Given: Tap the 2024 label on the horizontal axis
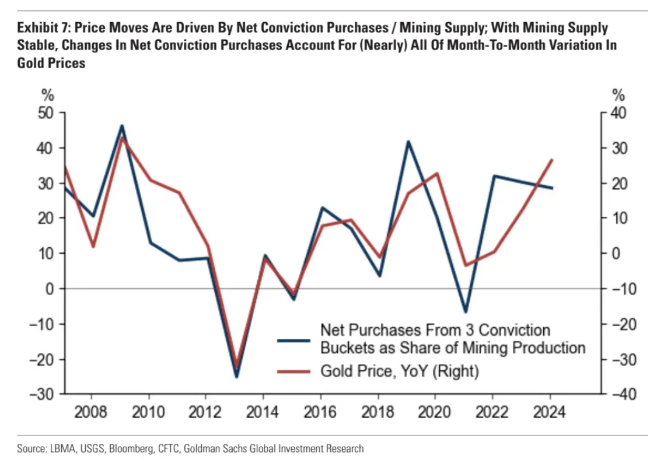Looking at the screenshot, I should [x=550, y=412].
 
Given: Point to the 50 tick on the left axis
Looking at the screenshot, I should [x=46, y=113].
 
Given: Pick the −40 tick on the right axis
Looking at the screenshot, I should [x=618, y=395].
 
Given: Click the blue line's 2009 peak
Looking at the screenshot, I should [x=121, y=125].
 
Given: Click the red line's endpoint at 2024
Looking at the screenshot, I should [x=552, y=160].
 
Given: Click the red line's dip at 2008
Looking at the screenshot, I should [x=93, y=247].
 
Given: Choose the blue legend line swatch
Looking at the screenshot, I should [x=294, y=339].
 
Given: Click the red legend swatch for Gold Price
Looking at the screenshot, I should [x=294, y=371].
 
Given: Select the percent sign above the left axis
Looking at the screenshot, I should [x=47, y=95].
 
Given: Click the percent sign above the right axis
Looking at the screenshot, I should [x=617, y=95].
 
